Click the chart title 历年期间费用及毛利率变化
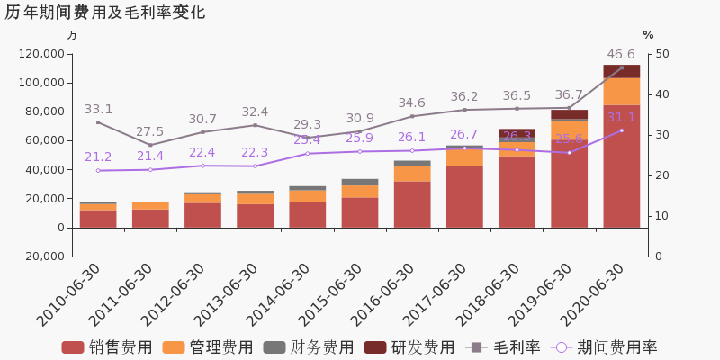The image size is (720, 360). point(105,13)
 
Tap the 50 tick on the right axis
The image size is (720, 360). point(661,54)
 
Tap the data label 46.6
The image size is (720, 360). point(621,55)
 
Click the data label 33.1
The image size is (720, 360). point(98,109)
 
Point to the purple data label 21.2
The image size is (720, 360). point(98,157)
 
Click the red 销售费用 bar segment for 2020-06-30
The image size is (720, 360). point(621,166)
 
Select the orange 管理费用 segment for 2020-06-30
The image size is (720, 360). point(621,92)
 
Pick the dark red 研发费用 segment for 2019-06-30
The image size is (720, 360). point(569,114)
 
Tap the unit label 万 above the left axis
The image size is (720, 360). point(72,35)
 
